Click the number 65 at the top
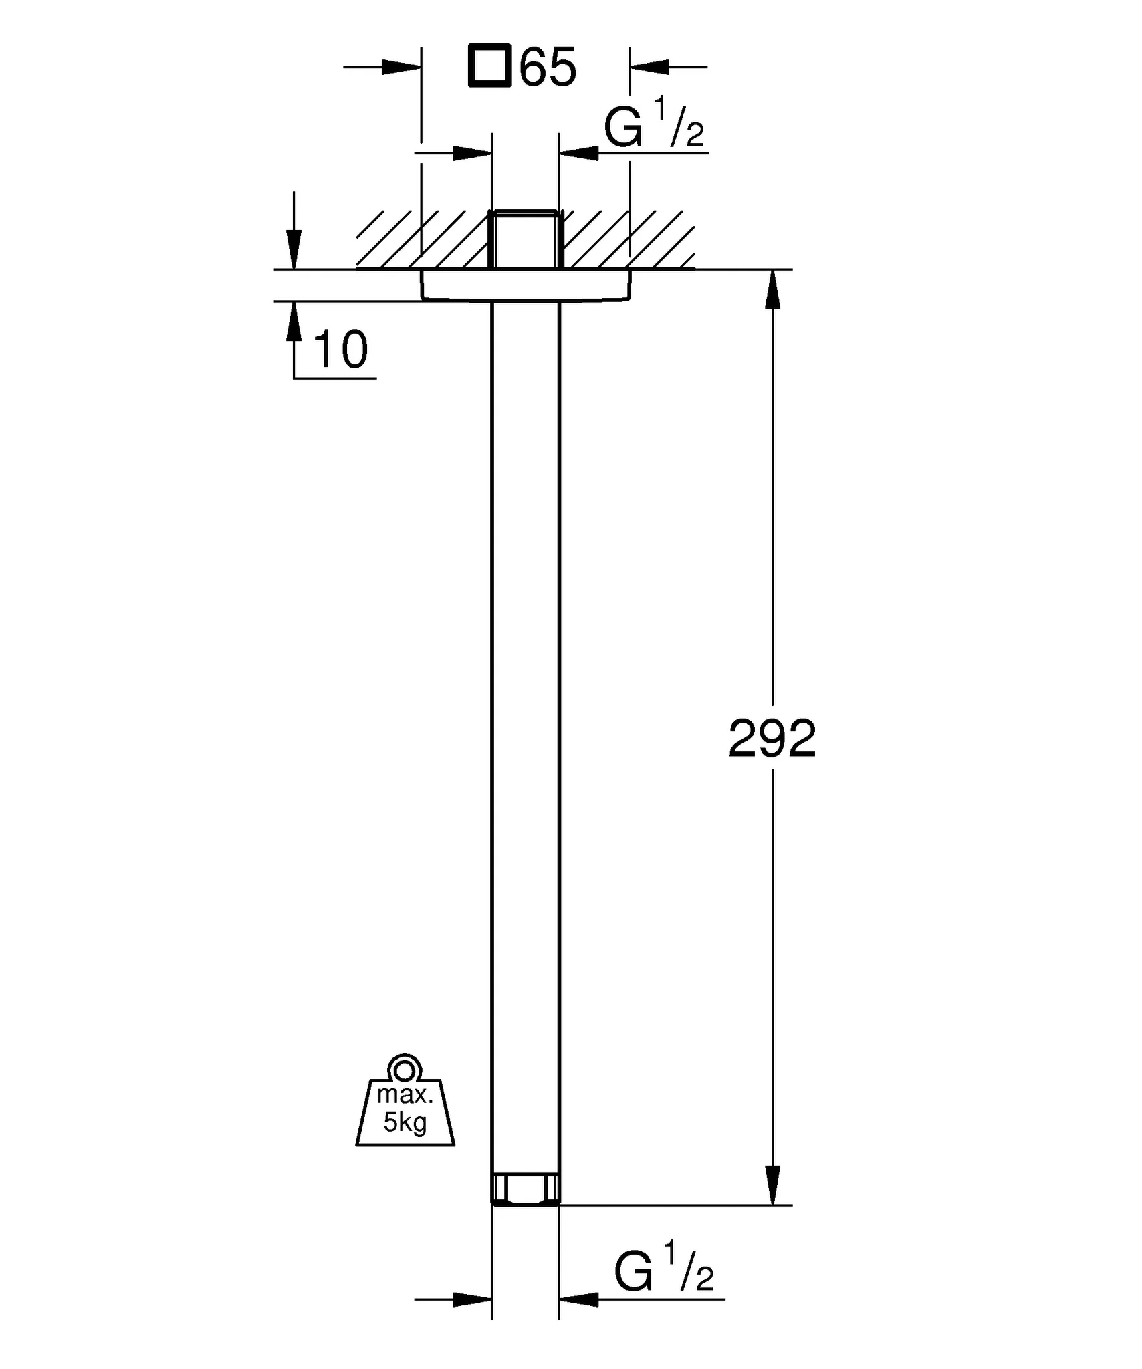tap(548, 67)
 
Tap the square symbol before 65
tap(489, 66)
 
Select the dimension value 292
tap(772, 739)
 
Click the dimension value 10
tap(340, 350)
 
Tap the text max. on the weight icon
tap(405, 1095)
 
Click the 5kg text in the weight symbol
tap(405, 1122)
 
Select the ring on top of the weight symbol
tap(404, 1071)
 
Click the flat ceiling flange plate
tap(526, 285)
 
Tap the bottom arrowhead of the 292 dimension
tap(772, 1185)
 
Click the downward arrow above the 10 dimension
tap(294, 250)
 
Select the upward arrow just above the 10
tap(294, 322)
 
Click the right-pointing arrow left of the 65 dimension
tap(401, 67)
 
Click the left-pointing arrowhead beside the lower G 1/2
tap(579, 1299)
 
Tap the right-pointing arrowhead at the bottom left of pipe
tap(472, 1299)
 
